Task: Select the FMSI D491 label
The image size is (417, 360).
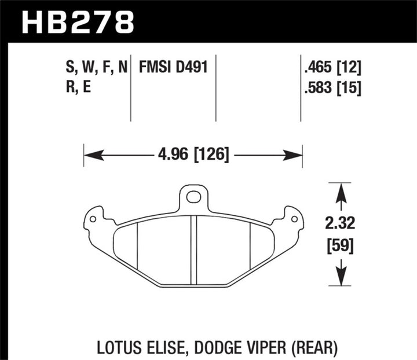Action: (173, 68)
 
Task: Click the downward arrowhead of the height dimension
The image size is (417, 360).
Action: (341, 279)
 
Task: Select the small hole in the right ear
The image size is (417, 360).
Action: (294, 219)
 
